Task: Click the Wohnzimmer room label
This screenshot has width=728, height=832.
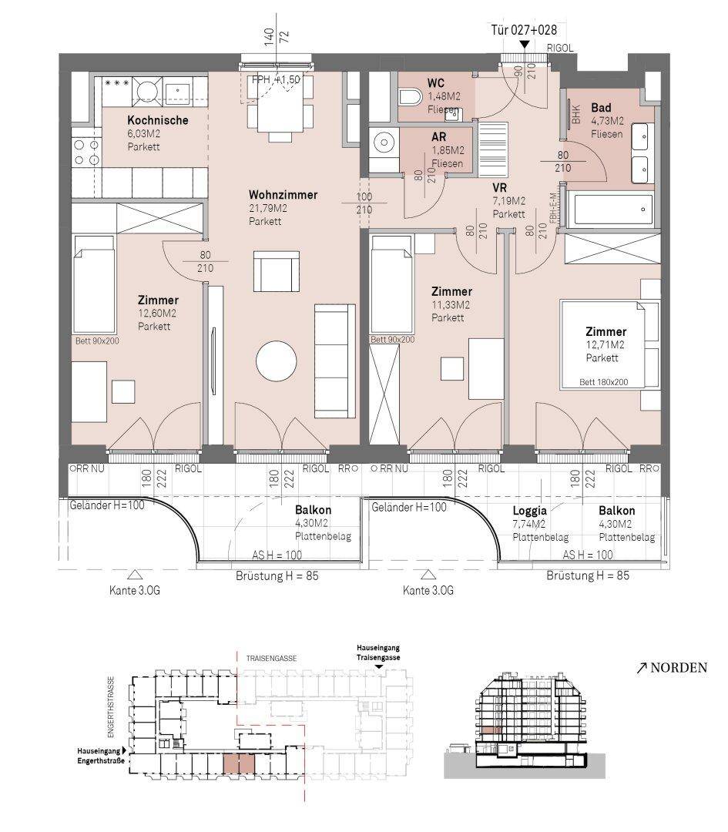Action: pyautogui.click(x=283, y=195)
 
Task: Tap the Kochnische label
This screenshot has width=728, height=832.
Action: pyautogui.click(x=158, y=120)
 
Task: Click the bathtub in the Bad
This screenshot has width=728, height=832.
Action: pyautogui.click(x=610, y=209)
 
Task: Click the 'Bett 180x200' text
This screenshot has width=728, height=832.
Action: pyautogui.click(x=603, y=382)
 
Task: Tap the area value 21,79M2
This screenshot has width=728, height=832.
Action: pyautogui.click(x=267, y=209)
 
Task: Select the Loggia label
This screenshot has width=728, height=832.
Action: pyautogui.click(x=529, y=511)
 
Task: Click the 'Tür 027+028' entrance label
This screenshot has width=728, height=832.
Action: pyautogui.click(x=524, y=30)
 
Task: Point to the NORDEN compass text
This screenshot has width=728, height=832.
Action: pyautogui.click(x=679, y=667)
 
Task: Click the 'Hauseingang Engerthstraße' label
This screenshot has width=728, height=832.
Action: pyautogui.click(x=102, y=757)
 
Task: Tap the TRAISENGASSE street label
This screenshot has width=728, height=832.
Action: pyautogui.click(x=271, y=659)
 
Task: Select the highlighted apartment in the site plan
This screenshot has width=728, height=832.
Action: pyautogui.click(x=239, y=764)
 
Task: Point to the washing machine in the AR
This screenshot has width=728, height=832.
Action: pyautogui.click(x=383, y=143)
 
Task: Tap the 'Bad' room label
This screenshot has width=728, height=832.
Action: pyautogui.click(x=601, y=108)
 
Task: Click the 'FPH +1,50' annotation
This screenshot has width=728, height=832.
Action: pyautogui.click(x=276, y=79)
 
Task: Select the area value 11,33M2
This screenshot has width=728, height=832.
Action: pyautogui.click(x=451, y=305)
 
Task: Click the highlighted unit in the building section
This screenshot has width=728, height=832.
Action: pyautogui.click(x=491, y=730)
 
